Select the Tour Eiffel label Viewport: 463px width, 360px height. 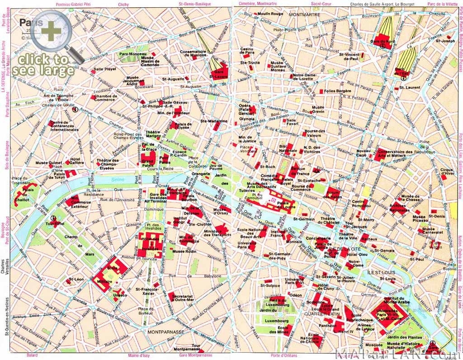(x=56, y=223)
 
